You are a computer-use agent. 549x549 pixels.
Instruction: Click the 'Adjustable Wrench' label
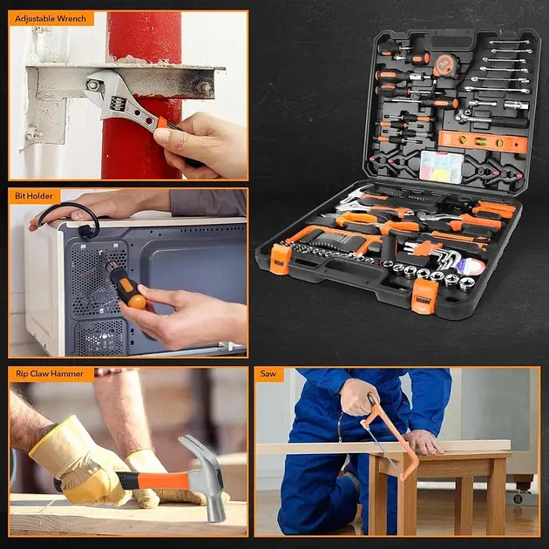51,18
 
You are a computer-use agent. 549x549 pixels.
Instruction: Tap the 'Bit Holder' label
34,196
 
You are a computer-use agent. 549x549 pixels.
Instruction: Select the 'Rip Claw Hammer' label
50,374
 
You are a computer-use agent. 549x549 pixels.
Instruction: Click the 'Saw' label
268,374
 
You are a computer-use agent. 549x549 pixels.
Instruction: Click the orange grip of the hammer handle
165,480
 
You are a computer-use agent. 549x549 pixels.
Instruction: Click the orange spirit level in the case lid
483,141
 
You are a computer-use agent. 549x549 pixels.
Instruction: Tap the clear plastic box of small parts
442,166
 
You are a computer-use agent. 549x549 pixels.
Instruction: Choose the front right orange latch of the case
424,296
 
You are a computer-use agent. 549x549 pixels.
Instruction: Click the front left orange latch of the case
281,259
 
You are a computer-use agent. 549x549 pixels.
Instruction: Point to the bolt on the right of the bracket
203,87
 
